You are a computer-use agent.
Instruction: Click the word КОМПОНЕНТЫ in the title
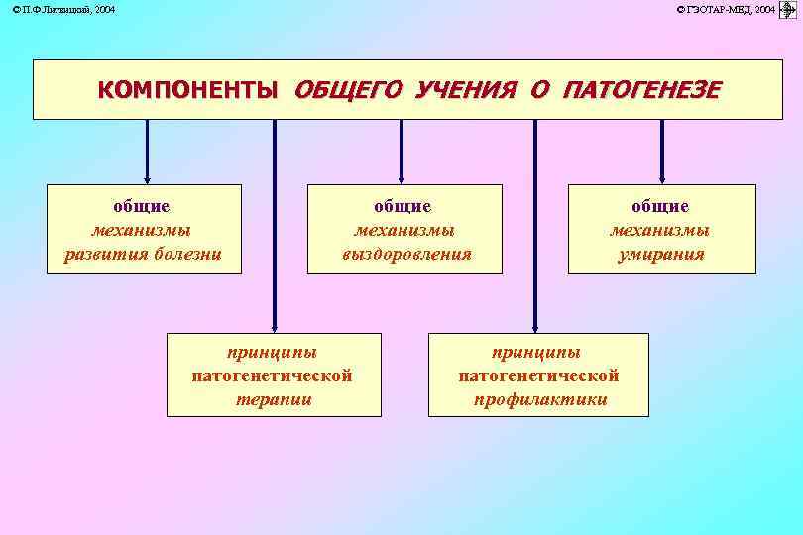coord(187,90)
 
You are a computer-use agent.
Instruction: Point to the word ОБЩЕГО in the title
coord(348,90)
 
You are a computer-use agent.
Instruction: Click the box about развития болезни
coord(144,229)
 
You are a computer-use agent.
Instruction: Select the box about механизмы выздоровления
coord(404,229)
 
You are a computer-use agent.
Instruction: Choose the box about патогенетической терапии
coord(273,374)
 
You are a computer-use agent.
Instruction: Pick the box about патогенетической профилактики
coord(538,374)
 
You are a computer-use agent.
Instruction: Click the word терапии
coord(274,399)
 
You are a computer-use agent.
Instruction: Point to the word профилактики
coord(538,399)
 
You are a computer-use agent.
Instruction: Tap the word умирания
coord(659,254)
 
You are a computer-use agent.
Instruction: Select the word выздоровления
coord(405,254)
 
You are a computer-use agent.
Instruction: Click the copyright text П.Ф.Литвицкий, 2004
coord(63,9)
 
